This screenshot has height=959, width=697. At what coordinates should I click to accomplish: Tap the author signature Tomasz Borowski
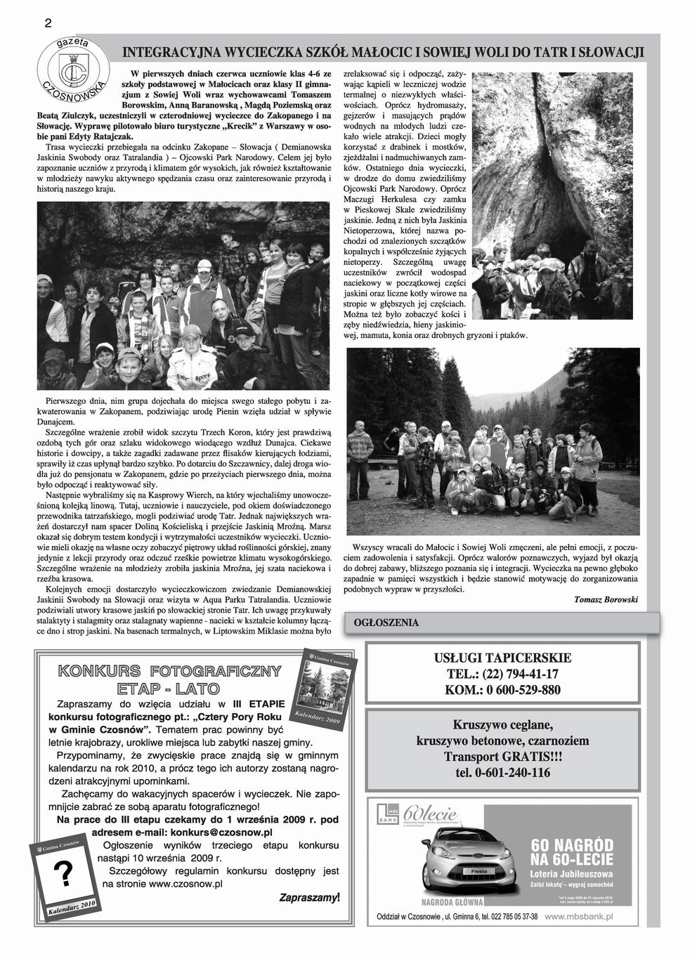(605, 599)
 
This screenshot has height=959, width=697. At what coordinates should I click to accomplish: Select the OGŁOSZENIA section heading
(386, 622)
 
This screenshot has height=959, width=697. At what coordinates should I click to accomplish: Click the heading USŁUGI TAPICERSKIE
(502, 658)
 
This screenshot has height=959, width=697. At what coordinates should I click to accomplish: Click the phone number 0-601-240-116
(503, 773)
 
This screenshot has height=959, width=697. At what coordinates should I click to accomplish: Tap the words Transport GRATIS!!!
(503, 757)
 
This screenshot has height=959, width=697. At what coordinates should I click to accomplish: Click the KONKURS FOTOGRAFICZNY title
(170, 671)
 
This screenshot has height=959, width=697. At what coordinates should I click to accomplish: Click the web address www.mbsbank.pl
(579, 916)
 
